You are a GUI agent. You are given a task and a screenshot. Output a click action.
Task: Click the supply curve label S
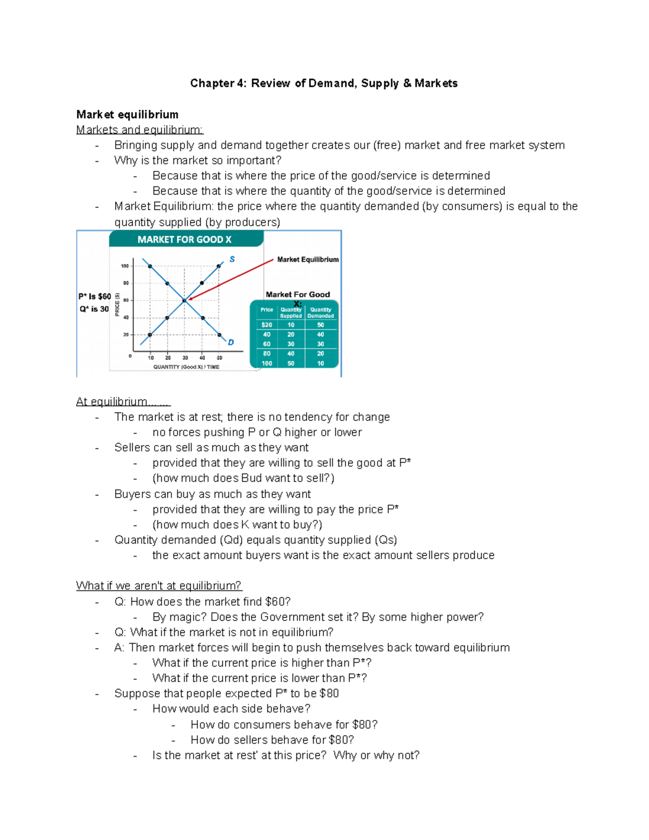[x=232, y=259]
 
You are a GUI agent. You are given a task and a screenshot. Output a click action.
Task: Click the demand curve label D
[x=231, y=342]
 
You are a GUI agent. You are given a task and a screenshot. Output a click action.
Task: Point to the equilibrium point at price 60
[x=184, y=301]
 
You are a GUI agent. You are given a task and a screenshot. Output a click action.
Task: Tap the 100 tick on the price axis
[x=125, y=266]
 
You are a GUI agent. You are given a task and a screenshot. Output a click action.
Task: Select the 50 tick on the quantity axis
[x=220, y=358]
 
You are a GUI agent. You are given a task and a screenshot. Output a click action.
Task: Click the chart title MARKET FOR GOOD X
[x=184, y=240]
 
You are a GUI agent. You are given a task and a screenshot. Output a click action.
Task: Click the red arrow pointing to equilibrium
[x=233, y=279]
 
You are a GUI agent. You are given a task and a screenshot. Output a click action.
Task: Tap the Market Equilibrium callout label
[x=308, y=260]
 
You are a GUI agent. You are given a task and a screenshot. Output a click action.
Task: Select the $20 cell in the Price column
[x=267, y=325]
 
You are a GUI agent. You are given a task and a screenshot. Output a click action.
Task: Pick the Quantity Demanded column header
[x=321, y=313]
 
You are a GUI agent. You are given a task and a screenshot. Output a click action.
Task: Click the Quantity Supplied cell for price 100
[x=291, y=363]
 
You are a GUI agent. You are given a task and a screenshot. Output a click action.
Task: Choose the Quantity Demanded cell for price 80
[x=321, y=354]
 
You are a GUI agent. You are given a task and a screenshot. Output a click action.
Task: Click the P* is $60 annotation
[x=95, y=296]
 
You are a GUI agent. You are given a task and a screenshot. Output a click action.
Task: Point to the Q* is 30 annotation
[x=94, y=309]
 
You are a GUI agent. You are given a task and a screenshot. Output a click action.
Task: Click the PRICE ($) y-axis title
[x=117, y=305]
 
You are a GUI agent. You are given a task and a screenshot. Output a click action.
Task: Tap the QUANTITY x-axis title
[x=186, y=367]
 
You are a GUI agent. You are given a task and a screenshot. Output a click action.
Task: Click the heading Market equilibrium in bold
[x=127, y=115]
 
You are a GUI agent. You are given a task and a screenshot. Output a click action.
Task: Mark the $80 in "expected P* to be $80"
[x=329, y=693]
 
